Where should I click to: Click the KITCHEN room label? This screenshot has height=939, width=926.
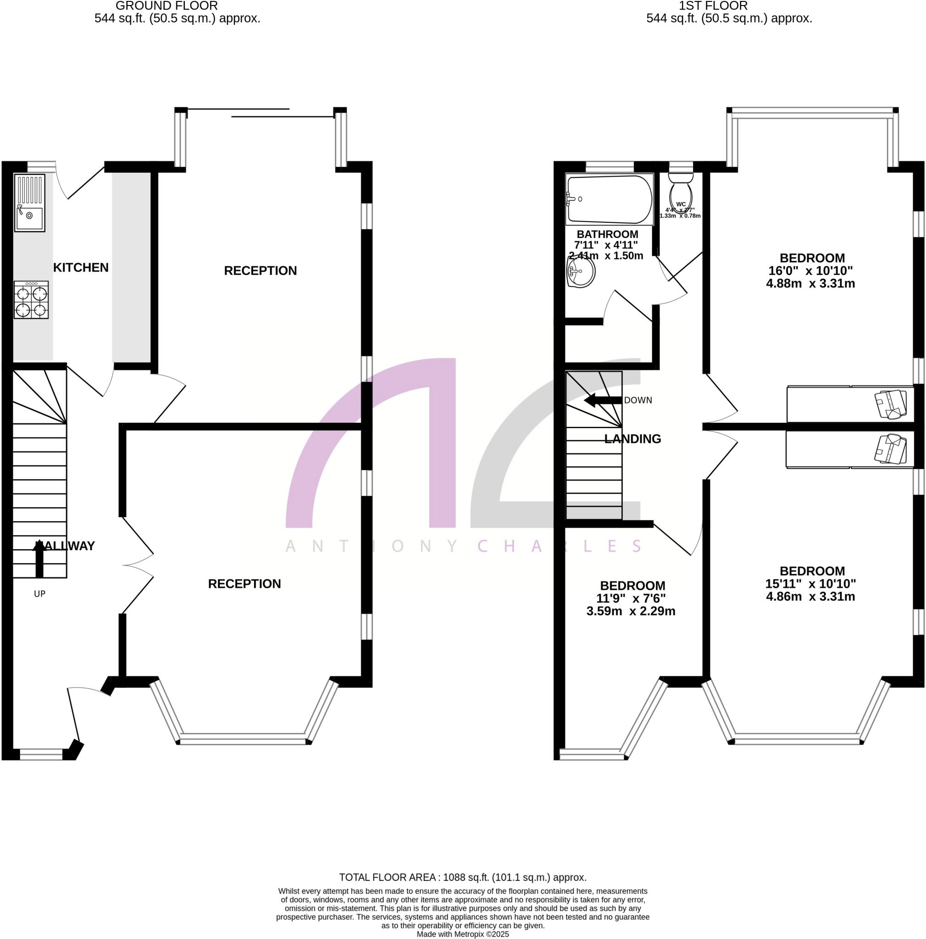81,267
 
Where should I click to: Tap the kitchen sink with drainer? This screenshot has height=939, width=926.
30,203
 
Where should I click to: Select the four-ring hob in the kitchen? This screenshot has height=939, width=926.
31,300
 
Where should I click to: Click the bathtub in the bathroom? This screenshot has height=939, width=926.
610,199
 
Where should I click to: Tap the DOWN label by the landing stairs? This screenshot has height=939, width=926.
638,400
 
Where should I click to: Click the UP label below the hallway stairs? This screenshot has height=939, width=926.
39,593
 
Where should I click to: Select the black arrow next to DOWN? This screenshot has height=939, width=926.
603,400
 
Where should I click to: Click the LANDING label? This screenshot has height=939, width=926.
632,439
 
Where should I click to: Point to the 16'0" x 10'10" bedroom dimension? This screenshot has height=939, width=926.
810,271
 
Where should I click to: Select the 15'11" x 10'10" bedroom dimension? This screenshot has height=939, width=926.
810,584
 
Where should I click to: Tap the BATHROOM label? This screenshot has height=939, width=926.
607,234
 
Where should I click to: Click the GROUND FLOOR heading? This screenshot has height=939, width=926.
166,6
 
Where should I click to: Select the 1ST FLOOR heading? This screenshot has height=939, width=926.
713,6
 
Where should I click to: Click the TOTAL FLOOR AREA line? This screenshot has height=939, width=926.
463,877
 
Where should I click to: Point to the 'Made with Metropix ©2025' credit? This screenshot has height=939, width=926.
463,934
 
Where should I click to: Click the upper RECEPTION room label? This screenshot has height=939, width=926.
260,271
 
